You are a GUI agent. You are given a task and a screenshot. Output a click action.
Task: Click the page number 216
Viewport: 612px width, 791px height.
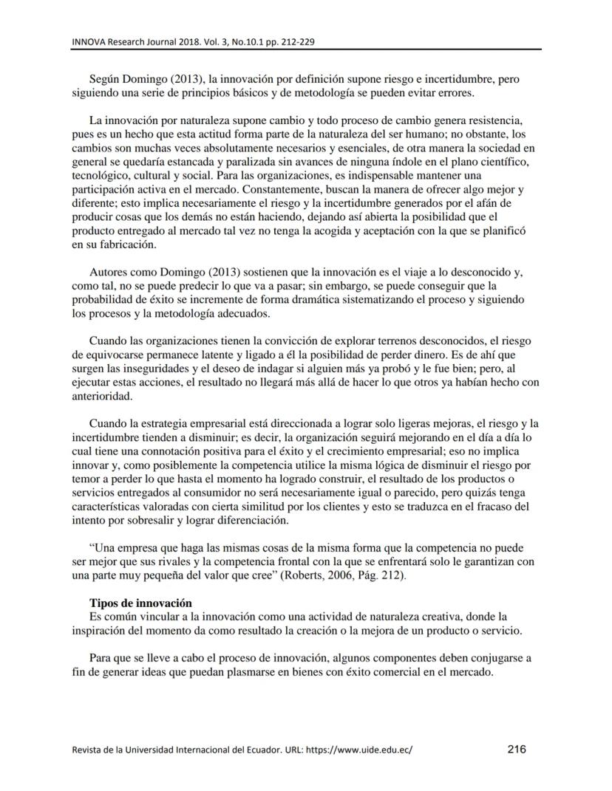click(517, 749)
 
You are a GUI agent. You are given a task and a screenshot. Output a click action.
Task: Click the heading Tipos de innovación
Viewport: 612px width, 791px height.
click(140, 603)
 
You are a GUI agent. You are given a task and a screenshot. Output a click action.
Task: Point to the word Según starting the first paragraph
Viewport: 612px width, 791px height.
click(105, 78)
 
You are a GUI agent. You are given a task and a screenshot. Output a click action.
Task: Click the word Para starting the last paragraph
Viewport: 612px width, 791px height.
click(101, 657)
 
